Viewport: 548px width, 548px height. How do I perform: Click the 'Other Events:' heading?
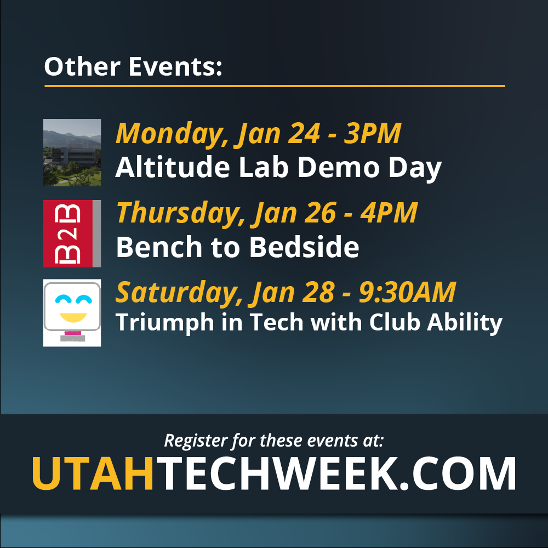(x=133, y=66)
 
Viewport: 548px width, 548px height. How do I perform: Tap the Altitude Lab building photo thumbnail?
(x=72, y=152)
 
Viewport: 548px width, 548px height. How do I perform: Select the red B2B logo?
(x=72, y=233)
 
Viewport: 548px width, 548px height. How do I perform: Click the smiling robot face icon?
(x=72, y=313)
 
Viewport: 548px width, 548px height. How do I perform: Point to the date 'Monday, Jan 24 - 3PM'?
(x=258, y=134)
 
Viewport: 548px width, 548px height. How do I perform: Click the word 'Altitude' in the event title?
(x=173, y=167)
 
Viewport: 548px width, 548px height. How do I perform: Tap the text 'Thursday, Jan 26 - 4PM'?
(x=267, y=214)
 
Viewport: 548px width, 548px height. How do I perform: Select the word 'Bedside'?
(x=304, y=247)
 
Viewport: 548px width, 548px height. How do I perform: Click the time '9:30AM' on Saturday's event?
(x=408, y=292)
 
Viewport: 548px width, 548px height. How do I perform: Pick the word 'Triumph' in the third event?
(x=164, y=323)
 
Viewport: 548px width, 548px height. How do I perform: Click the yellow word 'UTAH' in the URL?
(x=93, y=473)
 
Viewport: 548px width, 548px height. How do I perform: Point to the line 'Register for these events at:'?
(x=274, y=441)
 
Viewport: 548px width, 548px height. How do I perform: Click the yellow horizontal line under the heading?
(x=275, y=85)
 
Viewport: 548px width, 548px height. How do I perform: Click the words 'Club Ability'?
(x=436, y=323)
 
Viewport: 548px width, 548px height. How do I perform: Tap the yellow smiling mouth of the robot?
(x=73, y=317)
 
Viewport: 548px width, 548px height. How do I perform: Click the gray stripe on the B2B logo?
(x=96, y=233)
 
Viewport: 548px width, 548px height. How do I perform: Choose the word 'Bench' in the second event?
(x=159, y=247)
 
